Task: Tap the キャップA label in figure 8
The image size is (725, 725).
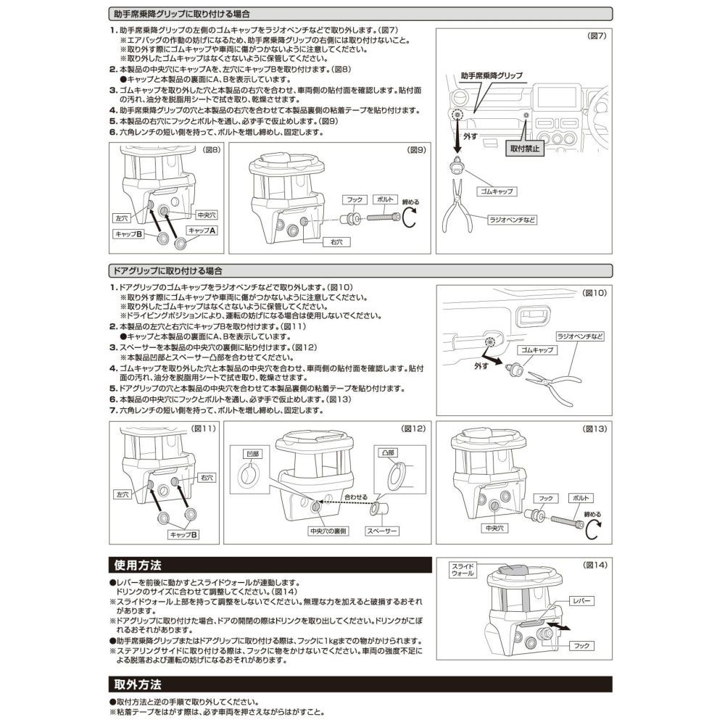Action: point(202,230)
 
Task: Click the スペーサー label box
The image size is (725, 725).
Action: point(381,531)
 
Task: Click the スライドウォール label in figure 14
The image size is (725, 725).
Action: point(462,569)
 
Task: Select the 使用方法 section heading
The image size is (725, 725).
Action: point(138,564)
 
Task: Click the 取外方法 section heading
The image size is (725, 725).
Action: point(138,684)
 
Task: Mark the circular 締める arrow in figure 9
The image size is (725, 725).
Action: point(410,216)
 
